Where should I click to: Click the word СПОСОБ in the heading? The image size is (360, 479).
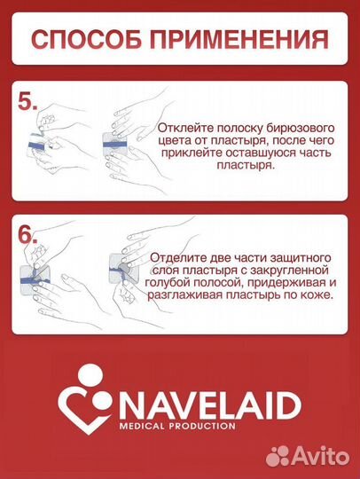[84, 40]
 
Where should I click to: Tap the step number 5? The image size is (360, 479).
[27, 101]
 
